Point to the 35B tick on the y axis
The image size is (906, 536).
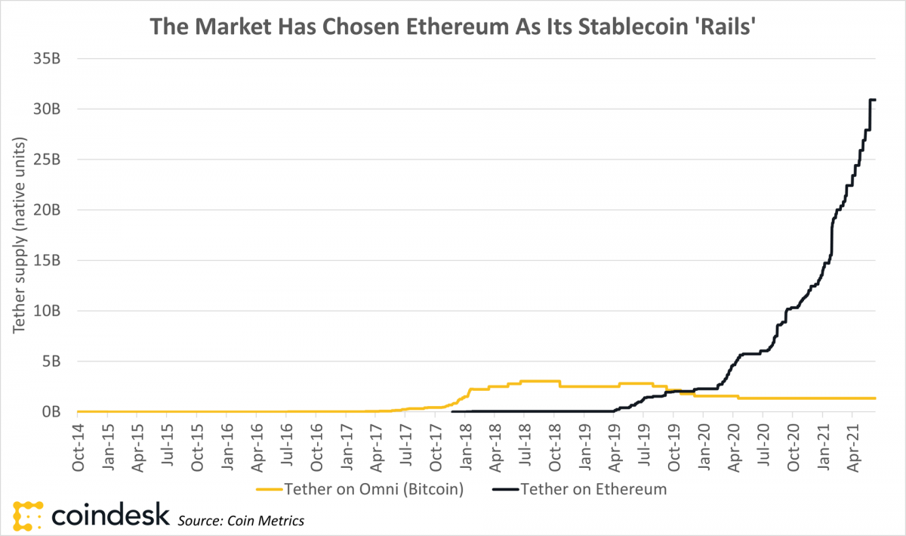(x=47, y=58)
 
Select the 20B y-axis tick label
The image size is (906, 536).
(x=47, y=210)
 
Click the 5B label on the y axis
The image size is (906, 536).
(x=51, y=361)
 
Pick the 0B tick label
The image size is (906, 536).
(x=51, y=412)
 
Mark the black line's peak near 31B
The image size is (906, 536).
(x=872, y=100)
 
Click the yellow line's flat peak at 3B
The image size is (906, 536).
(x=539, y=381)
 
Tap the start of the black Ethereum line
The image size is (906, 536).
(x=452, y=411)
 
